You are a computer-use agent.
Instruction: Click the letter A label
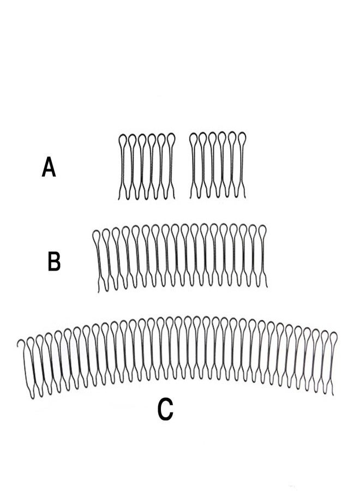coord(49,167)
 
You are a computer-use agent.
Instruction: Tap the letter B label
coord(54,261)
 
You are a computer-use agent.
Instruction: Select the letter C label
coord(165,409)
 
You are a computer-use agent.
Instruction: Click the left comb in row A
coord(147,166)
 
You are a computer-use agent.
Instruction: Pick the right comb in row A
coord(218,165)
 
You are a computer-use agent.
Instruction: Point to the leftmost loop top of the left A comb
coord(122,135)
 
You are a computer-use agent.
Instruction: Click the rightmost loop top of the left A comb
coord(171,134)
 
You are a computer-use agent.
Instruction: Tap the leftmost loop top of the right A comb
coord(194,134)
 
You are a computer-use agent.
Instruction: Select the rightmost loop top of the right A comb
coord(243,133)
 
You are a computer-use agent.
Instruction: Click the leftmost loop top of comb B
coord(97,231)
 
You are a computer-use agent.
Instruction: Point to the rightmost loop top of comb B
coord(262,226)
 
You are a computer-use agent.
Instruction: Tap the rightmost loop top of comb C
coord(334,333)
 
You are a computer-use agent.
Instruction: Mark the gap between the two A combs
coord(183,166)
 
